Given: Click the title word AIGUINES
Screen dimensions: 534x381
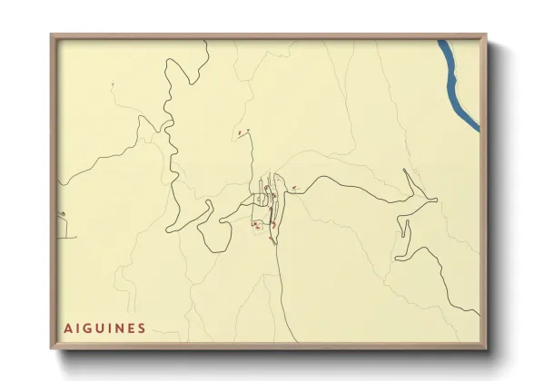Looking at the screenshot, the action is (x=105, y=327).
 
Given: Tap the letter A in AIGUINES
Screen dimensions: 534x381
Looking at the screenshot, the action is (x=68, y=327).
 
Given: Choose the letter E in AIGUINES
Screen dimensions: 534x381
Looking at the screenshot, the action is (x=133, y=327).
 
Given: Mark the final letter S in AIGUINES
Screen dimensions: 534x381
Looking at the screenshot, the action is (x=143, y=327).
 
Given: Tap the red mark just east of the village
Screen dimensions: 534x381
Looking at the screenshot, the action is (x=295, y=187).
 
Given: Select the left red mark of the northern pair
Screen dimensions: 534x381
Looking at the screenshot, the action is (x=239, y=133).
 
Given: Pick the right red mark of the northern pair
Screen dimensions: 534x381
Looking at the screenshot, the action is (x=247, y=132).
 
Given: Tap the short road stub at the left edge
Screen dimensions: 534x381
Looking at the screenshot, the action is (x=63, y=219).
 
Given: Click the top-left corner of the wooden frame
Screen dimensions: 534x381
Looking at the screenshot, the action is (x=53, y=36).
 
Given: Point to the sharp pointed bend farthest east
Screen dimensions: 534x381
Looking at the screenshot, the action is (x=436, y=198).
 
